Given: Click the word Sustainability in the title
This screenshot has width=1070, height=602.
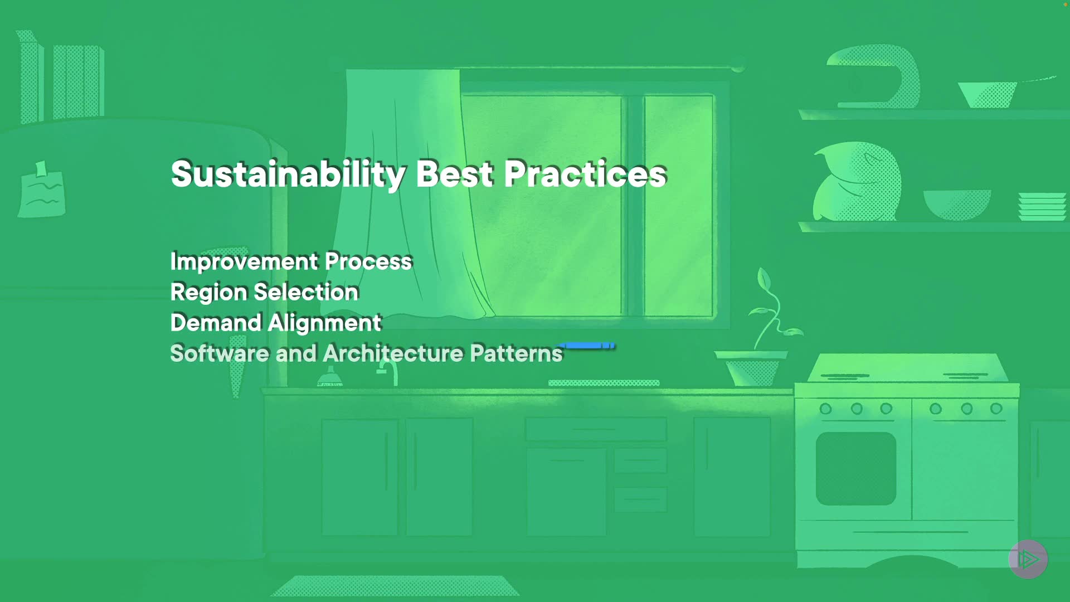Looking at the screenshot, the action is (x=288, y=174).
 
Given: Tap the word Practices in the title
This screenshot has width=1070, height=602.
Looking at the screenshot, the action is (x=585, y=173).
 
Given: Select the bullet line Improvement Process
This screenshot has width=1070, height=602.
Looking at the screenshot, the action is (x=291, y=262).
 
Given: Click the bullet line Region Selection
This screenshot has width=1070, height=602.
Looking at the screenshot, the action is (x=264, y=293).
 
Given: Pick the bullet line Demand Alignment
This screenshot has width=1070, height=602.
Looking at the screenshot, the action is (x=276, y=323).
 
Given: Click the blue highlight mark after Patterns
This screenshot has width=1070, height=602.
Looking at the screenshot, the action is (x=588, y=346).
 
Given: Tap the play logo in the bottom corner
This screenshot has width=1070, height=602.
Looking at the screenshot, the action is (x=1028, y=559).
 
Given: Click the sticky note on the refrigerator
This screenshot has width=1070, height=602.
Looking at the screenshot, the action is (x=42, y=191).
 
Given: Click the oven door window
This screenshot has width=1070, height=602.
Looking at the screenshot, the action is (x=856, y=469).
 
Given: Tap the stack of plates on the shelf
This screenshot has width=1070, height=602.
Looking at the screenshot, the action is (x=1042, y=207).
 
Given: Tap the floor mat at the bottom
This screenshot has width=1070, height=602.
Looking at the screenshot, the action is (x=395, y=586).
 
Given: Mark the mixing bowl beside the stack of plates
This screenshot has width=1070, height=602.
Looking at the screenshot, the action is (x=957, y=205).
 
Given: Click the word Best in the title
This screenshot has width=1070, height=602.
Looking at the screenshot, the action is (x=455, y=173).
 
